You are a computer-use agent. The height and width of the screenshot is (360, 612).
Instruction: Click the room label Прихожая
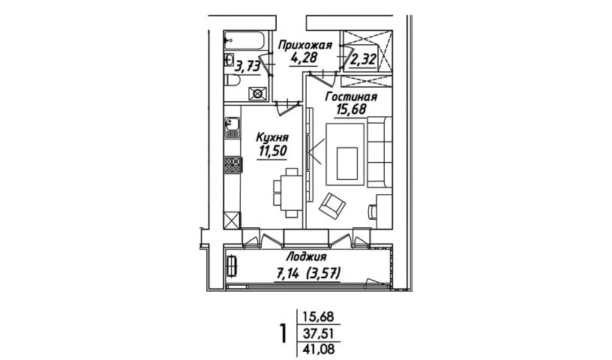click(304, 46)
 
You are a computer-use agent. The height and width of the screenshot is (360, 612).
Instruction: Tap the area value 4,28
click(304, 58)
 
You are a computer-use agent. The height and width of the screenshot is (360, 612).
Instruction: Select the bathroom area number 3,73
click(247, 67)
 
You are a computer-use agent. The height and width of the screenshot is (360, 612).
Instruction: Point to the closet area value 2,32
click(364, 60)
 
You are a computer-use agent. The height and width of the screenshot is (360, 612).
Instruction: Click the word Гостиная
click(351, 97)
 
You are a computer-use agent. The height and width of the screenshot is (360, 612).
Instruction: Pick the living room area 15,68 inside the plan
click(351, 109)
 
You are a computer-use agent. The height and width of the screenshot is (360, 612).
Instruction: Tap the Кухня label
click(272, 137)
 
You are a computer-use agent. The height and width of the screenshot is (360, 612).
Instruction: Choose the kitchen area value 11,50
click(272, 151)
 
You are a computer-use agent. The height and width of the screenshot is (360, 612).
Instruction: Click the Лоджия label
click(307, 257)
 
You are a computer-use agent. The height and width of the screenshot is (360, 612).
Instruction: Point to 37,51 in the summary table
click(319, 334)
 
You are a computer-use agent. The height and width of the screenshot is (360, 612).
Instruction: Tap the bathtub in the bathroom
click(245, 40)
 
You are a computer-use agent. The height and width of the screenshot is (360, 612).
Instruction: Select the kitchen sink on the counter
click(232, 127)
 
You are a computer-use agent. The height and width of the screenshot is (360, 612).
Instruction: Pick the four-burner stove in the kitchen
click(233, 164)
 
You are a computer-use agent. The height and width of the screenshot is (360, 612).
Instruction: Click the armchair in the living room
click(332, 205)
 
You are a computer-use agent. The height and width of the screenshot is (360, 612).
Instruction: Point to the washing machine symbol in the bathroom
click(258, 94)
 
